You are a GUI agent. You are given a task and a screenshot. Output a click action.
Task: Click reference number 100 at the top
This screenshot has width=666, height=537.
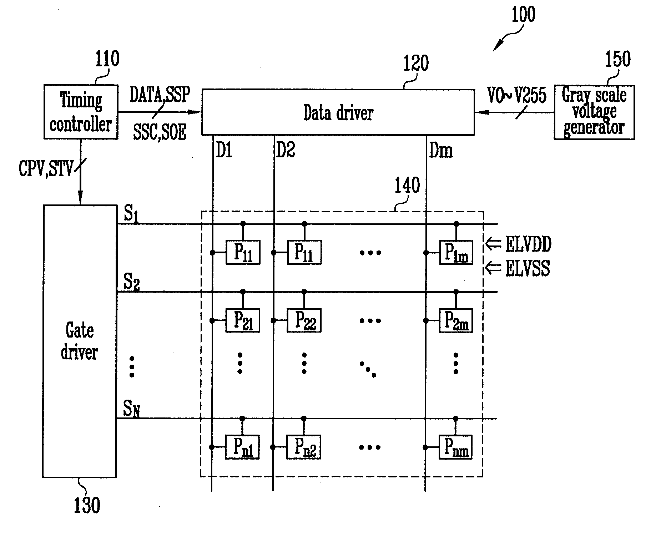click(x=523, y=15)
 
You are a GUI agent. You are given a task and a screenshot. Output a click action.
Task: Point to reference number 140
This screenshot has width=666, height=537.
click(x=407, y=186)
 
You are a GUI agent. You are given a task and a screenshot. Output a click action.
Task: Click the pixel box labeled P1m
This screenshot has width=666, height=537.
click(x=456, y=253)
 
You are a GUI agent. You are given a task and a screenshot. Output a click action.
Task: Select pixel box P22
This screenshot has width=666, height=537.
click(x=304, y=320)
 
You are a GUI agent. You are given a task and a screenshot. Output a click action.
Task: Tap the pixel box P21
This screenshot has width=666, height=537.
click(x=243, y=320)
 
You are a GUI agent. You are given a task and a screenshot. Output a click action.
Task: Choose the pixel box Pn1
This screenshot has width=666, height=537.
click(x=242, y=447)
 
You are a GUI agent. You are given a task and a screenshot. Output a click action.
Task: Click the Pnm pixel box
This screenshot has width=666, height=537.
click(x=455, y=447)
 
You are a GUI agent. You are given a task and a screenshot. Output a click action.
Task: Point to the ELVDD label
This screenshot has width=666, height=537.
click(x=528, y=244)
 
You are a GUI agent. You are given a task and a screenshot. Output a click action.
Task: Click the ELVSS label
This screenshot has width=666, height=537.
click(x=528, y=268)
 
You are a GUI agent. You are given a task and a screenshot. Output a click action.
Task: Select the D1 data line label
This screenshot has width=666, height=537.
click(x=224, y=150)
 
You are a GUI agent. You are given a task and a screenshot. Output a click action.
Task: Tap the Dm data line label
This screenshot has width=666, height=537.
click(x=441, y=150)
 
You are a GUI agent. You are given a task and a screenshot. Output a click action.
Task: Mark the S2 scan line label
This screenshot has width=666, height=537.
click(x=131, y=282)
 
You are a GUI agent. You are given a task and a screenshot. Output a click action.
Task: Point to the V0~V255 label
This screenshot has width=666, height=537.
click(x=517, y=95)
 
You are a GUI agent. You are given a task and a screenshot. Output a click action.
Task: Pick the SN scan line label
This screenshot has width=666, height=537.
click(x=131, y=409)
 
